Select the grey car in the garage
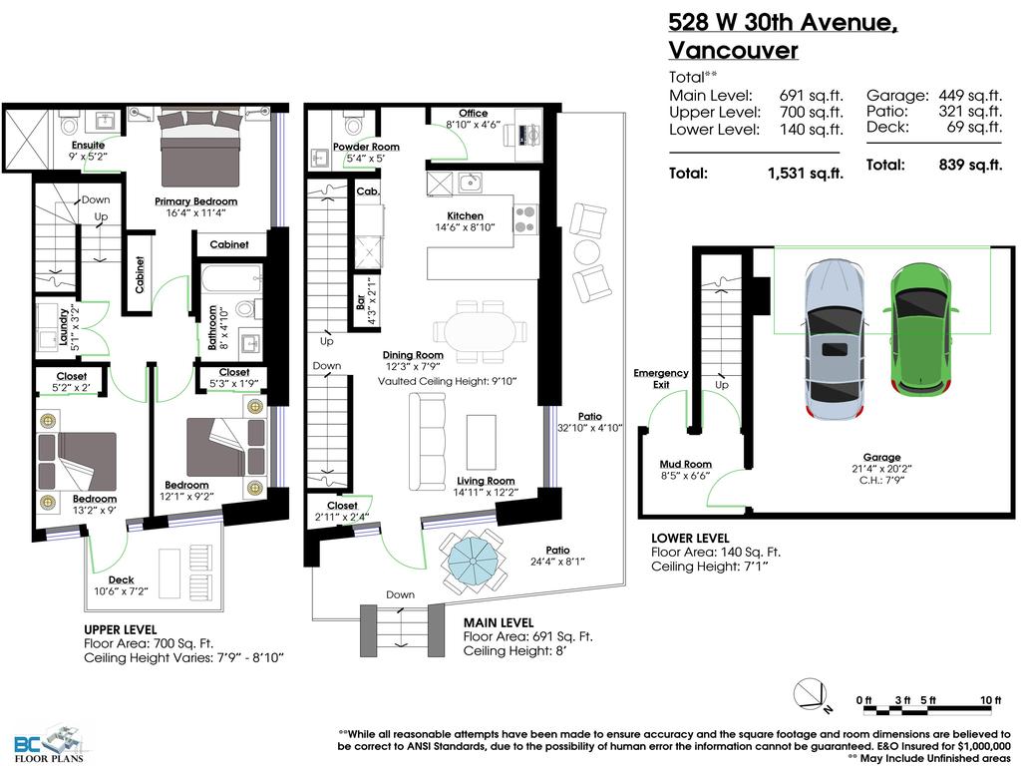coord(835,340)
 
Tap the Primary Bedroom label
coord(195,201)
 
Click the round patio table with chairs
coord(474,558)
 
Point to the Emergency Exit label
coord(660,379)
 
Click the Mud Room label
coord(685,464)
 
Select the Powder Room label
coord(366,147)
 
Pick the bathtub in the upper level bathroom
coord(230,278)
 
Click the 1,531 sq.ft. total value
coord(805,173)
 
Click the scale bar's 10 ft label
coord(990,701)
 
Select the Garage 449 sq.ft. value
coord(969,96)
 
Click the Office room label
coord(473,113)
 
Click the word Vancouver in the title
coord(733,50)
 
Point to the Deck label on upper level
coord(123,578)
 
